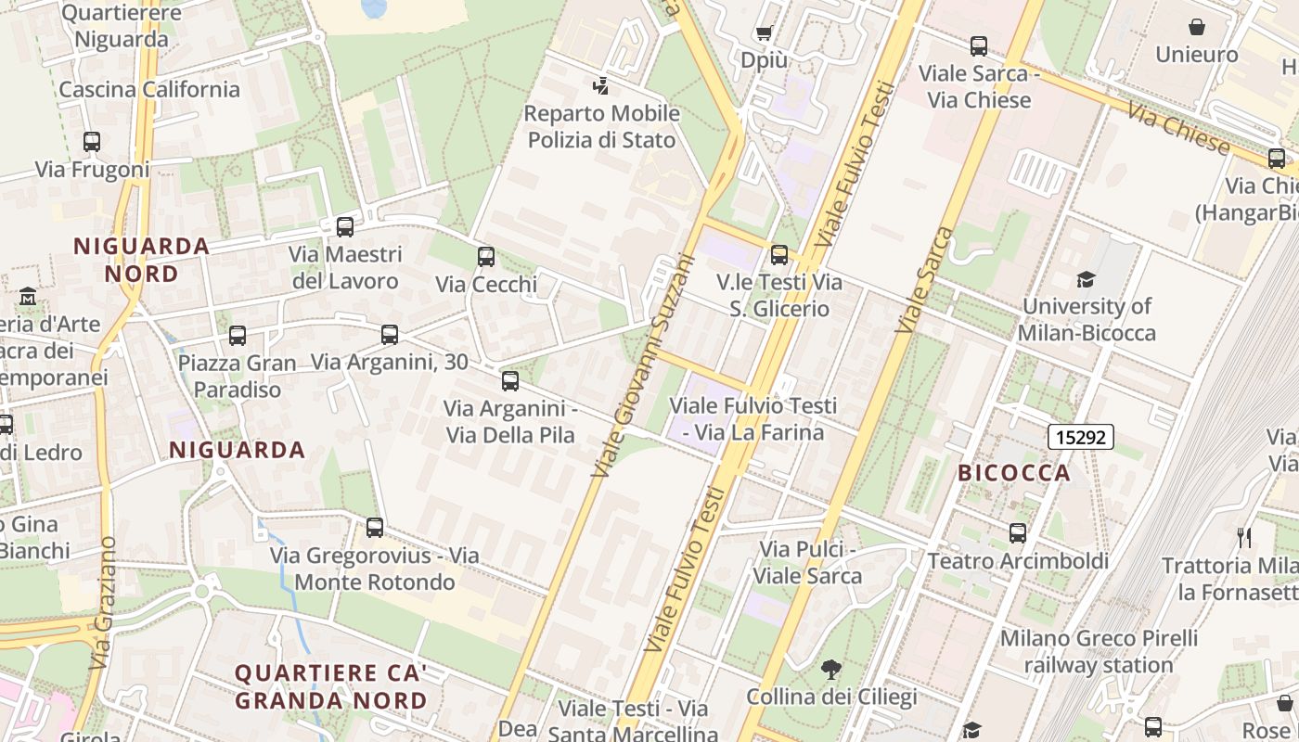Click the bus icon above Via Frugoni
[91, 142]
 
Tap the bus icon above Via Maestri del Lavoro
[345, 226]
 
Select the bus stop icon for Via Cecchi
[486, 257]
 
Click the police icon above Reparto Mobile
[600, 86]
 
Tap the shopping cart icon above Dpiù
[764, 33]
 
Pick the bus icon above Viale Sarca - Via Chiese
[978, 45]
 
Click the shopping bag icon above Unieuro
[1197, 27]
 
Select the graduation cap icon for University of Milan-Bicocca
[1086, 279]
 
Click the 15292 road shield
[1081, 436]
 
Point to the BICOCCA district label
[1014, 473]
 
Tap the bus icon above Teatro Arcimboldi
[1018, 533]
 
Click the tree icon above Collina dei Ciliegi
[830, 669]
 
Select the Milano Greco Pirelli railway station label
[1099, 651]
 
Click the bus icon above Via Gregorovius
[375, 528]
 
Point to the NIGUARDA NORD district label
[141, 260]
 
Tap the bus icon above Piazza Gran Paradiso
[238, 335]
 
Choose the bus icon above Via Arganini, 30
[390, 334]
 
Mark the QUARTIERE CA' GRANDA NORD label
[330, 686]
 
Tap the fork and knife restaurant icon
[1244, 537]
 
